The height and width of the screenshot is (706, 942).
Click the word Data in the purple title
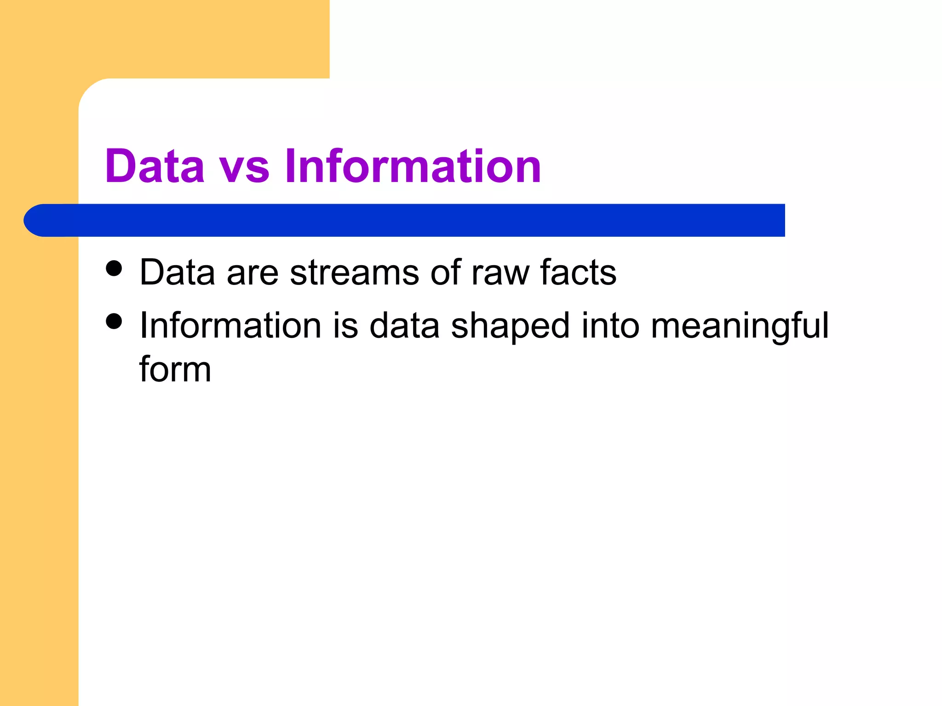[155, 166]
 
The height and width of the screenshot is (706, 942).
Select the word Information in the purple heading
[413, 166]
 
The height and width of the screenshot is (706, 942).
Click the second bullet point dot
[114, 321]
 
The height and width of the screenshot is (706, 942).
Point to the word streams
[354, 273]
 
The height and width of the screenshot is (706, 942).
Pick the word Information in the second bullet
[230, 325]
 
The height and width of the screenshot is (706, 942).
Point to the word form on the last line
[175, 369]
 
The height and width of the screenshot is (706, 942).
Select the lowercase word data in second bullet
[404, 325]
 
